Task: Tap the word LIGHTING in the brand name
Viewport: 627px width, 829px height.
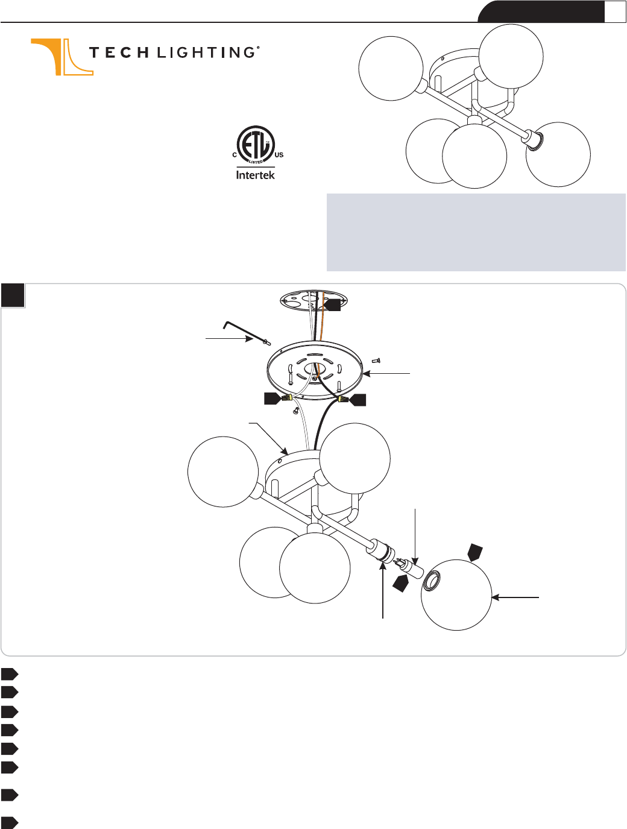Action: (x=207, y=52)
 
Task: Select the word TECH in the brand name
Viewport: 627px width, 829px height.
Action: (x=119, y=52)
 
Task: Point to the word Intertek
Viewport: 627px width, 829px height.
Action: (x=256, y=174)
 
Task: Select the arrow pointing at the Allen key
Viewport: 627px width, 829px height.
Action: (x=229, y=339)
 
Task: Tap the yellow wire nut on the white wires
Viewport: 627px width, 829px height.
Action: (x=288, y=398)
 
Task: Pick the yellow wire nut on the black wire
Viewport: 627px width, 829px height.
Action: (x=343, y=400)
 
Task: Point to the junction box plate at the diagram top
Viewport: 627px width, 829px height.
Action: (x=313, y=301)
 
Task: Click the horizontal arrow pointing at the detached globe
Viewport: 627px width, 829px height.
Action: (x=515, y=597)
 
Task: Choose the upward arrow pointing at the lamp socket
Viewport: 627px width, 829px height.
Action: (x=383, y=590)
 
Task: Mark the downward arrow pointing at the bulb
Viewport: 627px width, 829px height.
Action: (x=415, y=537)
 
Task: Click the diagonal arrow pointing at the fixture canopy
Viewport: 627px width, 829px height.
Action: (x=269, y=438)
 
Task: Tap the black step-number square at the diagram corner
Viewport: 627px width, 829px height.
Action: (x=13, y=295)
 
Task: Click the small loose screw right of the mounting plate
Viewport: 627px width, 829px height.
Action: (x=376, y=361)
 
